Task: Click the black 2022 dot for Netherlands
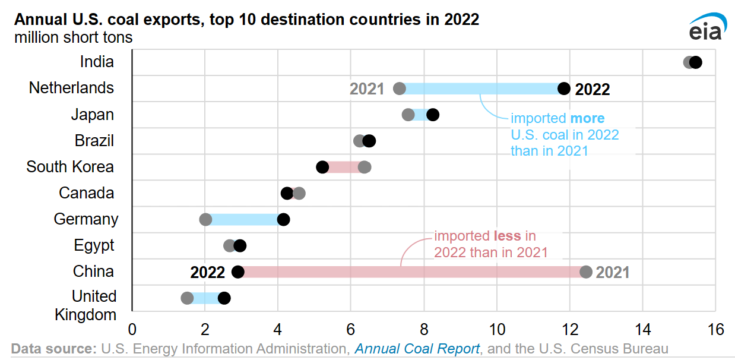point(564,89)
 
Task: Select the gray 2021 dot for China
point(586,272)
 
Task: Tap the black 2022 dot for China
point(238,272)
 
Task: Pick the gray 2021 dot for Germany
point(205,220)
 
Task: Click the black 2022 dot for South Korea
point(322,167)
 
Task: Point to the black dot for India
point(696,62)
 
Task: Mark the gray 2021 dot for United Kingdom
point(187,298)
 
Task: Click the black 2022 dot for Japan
point(433,115)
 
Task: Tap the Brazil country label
point(94,141)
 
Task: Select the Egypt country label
point(94,245)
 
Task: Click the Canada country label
point(86,193)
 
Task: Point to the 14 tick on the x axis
point(643,329)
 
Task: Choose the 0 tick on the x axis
point(132,329)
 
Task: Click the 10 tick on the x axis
point(497,329)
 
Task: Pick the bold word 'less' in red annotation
point(506,236)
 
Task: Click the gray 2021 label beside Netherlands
point(367,89)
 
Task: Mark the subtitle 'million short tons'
point(74,37)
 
